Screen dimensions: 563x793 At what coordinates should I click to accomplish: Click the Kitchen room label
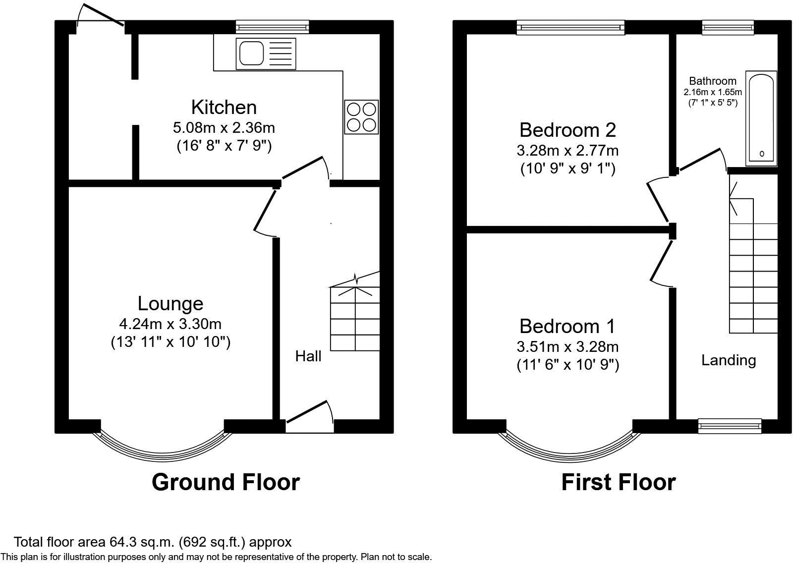tap(224, 107)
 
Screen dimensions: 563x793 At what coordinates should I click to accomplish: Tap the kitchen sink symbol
tap(267, 54)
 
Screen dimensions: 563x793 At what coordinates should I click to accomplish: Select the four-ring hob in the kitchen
tap(361, 116)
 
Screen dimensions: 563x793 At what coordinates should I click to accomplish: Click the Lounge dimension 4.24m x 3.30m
tap(170, 324)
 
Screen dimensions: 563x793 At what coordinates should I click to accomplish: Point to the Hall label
tap(308, 356)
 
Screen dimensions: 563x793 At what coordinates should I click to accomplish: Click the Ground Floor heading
tap(226, 482)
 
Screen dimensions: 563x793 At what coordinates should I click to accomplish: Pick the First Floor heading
tap(618, 482)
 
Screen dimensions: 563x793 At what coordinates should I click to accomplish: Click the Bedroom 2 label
tap(567, 130)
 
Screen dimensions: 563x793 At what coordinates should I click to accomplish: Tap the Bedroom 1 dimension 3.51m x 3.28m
tap(567, 347)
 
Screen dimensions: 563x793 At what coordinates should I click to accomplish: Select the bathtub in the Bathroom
tap(761, 118)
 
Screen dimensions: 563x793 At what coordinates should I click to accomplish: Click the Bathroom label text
tap(713, 81)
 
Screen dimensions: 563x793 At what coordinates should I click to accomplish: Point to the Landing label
tap(729, 360)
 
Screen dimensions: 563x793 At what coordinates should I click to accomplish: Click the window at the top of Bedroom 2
tap(570, 27)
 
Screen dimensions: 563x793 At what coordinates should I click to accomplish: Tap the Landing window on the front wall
tap(730, 425)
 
